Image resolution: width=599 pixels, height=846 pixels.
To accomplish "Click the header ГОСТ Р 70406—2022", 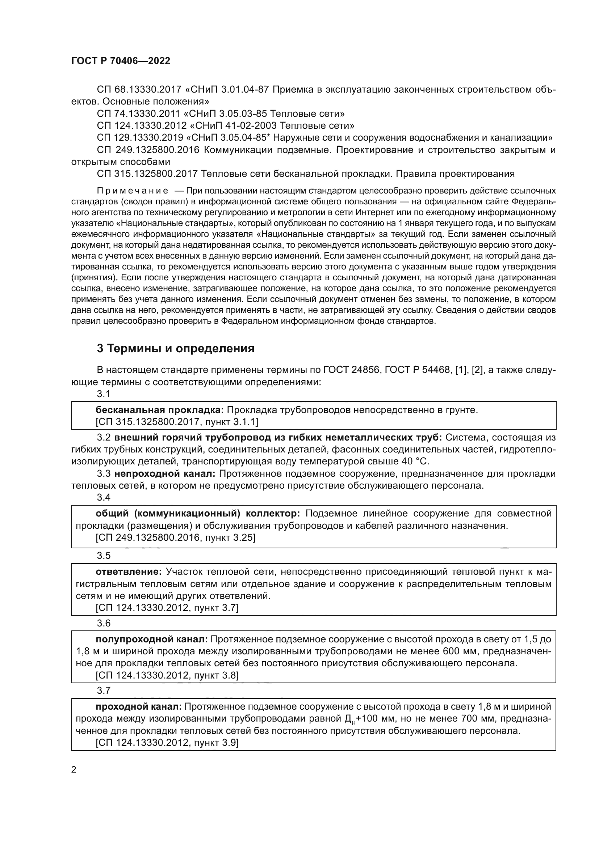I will (121, 61).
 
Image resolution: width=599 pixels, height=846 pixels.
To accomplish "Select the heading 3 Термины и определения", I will (176, 348).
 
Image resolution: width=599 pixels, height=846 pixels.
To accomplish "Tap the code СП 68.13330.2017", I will (139, 90).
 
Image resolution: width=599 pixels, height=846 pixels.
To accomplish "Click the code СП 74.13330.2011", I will (139, 114).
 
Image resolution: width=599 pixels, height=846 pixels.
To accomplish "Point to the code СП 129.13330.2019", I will (140, 138).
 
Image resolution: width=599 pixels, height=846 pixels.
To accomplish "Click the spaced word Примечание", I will (133, 191).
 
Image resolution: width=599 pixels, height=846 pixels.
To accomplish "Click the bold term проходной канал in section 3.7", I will (139, 707).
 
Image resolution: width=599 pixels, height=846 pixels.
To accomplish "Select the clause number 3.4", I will (104, 497).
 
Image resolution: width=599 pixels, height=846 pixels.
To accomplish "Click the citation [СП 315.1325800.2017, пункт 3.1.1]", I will (177, 422).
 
